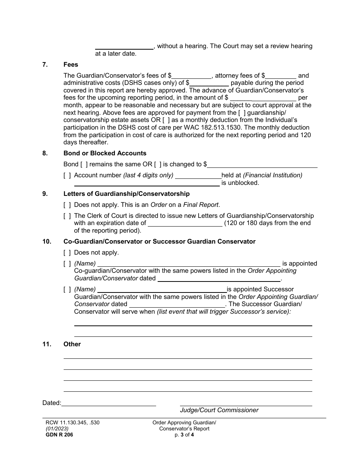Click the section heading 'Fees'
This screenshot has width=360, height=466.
tap(70, 64)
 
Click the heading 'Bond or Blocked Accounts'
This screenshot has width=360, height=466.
tap(105, 153)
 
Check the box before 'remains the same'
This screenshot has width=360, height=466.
tap(84, 164)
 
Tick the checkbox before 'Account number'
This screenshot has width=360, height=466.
tap(67, 175)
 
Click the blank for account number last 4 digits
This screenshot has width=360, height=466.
tap(198, 175)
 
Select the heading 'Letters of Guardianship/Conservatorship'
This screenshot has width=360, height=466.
tap(127, 194)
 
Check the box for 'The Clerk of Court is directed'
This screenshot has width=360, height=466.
tap(67, 216)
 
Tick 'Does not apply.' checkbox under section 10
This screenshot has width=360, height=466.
tap(67, 252)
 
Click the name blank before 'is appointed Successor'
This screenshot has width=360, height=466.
tap(162, 289)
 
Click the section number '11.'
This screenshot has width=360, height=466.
tap(47, 344)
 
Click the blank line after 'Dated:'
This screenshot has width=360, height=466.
tap(108, 403)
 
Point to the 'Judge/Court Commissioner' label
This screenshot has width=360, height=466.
tap(219, 410)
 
